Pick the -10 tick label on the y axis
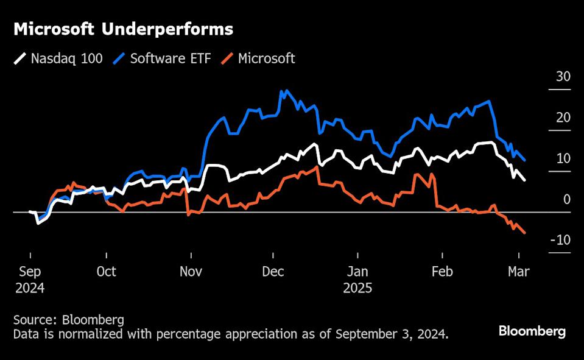tap(560, 240)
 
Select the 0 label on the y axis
tap(566, 199)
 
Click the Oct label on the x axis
tap(106, 272)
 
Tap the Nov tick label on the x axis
tap(191, 272)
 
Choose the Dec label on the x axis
tap(273, 272)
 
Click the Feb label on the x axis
tap(442, 272)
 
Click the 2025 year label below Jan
tap(357, 288)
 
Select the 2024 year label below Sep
tap(30, 288)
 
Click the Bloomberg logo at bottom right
tap(532, 331)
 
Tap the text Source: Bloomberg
tap(68, 319)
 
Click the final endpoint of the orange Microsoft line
tap(525, 233)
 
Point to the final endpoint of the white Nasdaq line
tap(525, 180)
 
